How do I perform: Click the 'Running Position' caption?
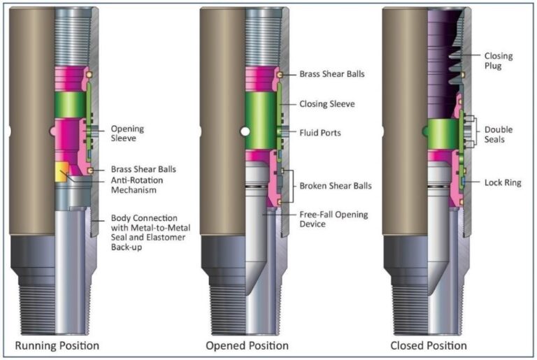(x=57, y=345)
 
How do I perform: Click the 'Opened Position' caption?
(x=247, y=345)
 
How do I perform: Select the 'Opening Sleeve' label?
(x=128, y=133)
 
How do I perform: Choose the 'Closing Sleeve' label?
(x=327, y=103)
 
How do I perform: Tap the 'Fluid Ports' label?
(x=320, y=132)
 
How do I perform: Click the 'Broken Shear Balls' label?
(x=336, y=185)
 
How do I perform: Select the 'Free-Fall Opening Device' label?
(x=334, y=219)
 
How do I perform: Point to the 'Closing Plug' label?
(x=499, y=60)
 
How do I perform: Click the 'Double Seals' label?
(x=498, y=134)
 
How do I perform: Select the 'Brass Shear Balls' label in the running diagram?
(x=143, y=169)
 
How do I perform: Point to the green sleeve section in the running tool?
(x=69, y=105)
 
